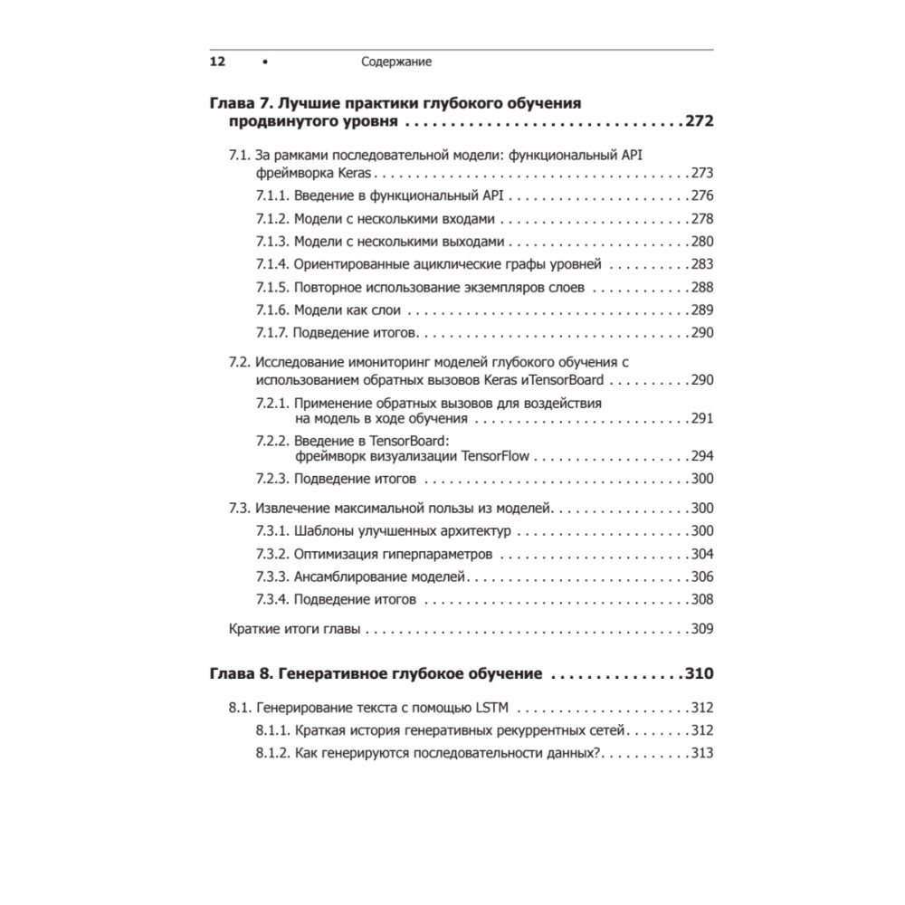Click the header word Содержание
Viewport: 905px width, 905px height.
[x=396, y=62]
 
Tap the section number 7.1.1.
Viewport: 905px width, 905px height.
[x=271, y=195]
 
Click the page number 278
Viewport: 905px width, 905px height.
[x=702, y=219]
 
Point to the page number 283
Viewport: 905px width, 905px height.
[x=702, y=264]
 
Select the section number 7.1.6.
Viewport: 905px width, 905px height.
[x=271, y=310]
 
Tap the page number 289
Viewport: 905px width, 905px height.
[x=702, y=310]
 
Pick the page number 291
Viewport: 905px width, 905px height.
[x=702, y=418]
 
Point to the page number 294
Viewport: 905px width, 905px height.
[x=702, y=456]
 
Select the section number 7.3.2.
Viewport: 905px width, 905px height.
[x=271, y=554]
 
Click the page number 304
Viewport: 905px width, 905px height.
[x=702, y=554]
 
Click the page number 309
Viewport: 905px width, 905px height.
[x=702, y=629]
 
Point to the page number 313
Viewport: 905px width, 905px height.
[x=702, y=753]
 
